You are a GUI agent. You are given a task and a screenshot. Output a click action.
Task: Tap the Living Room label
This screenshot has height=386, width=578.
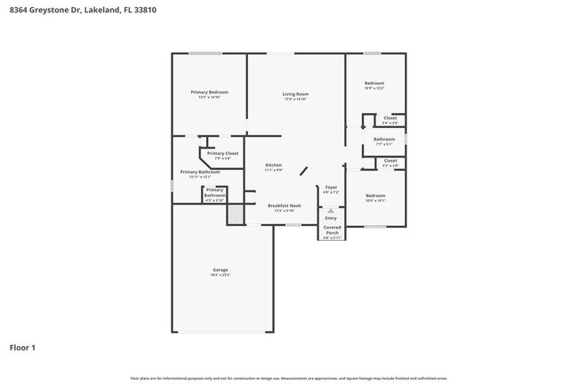(295, 96)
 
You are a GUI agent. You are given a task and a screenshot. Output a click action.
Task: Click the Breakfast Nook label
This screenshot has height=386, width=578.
(285, 207)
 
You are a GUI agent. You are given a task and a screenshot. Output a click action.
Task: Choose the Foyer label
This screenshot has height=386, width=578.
(331, 189)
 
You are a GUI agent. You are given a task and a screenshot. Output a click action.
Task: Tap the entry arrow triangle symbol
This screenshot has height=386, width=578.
(331, 211)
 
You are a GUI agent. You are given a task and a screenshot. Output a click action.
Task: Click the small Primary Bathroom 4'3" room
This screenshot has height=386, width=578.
(215, 196)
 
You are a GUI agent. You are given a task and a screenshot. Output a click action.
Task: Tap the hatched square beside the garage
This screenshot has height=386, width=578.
(235, 214)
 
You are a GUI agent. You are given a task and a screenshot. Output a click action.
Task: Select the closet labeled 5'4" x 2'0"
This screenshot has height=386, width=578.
(390, 120)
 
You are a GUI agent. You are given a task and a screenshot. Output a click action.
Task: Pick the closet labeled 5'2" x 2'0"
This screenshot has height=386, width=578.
(390, 163)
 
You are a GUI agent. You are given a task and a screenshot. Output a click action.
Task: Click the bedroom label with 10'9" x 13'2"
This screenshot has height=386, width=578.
(374, 85)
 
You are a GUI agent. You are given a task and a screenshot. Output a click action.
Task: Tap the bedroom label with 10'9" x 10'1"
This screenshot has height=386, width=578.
(374, 197)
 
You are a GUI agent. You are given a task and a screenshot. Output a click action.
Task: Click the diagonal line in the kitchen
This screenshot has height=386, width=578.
(303, 171)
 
